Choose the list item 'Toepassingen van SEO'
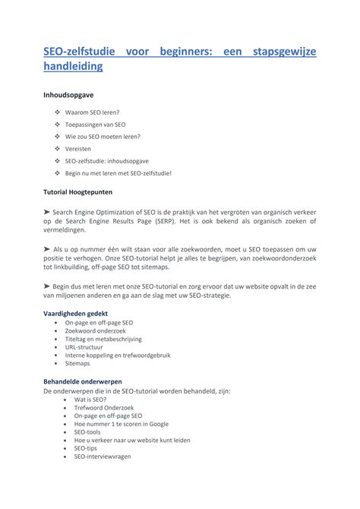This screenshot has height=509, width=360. pos(96,125)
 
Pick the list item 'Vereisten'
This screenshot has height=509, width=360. pos(79,149)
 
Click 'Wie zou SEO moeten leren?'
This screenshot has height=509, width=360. pos(103,137)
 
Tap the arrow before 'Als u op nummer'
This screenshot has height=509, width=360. pos(47,249)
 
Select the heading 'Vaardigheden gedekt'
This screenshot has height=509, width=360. pos(75,313)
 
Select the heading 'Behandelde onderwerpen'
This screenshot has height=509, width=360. pos(82,381)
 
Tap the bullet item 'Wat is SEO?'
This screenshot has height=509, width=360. pos(90,399)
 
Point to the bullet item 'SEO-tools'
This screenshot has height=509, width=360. pos(87,432)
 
